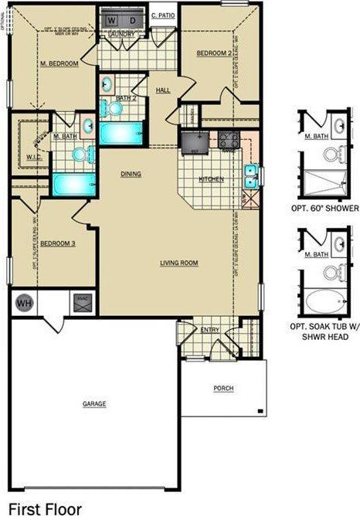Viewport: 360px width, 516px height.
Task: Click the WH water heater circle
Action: [x=23, y=303]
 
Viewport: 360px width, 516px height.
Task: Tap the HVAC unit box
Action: [x=80, y=301]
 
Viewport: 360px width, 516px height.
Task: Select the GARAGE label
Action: [x=93, y=404]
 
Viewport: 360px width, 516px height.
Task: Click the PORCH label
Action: [x=223, y=388]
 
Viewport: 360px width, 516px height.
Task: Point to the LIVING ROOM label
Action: [x=179, y=263]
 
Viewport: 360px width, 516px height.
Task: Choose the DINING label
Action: [x=131, y=175]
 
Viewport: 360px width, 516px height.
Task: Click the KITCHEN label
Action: [x=211, y=179]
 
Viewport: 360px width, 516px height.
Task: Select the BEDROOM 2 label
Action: [x=212, y=53]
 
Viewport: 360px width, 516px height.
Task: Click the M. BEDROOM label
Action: [x=59, y=64]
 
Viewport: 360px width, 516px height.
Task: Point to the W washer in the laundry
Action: [x=112, y=19]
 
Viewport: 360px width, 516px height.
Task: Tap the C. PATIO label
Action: [x=162, y=15]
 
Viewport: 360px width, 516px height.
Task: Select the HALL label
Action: [x=162, y=90]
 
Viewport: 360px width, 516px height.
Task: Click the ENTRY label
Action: [x=210, y=330]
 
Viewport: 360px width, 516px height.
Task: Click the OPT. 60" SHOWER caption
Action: [x=324, y=209]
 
